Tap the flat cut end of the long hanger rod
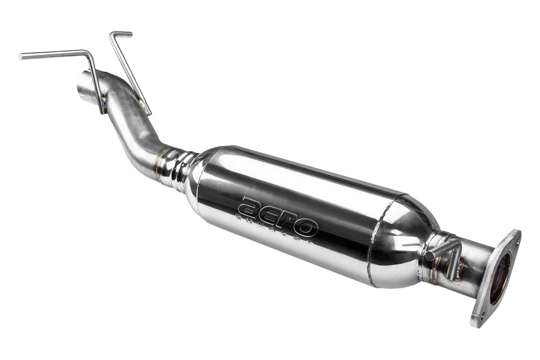pyautogui.click(x=20, y=57)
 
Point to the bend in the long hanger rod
pyautogui.click(x=87, y=53)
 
